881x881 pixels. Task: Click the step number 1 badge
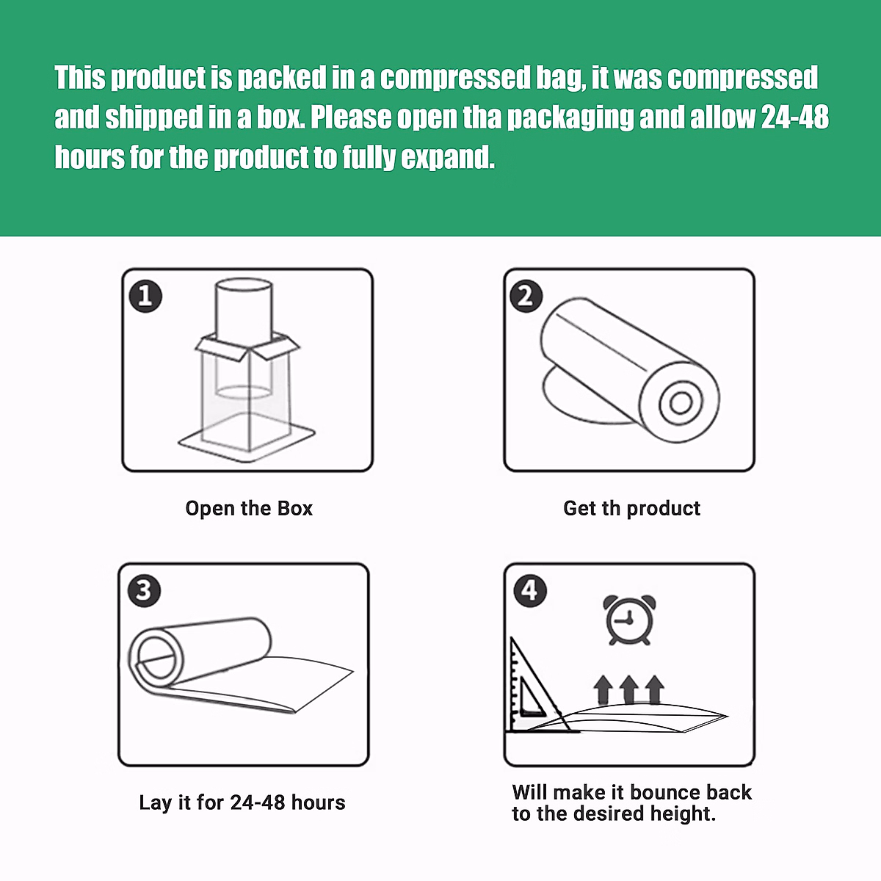145,296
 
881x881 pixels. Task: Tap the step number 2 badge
526,296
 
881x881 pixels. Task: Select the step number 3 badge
143,590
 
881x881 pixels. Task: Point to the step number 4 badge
529,590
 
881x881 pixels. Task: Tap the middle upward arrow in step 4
628,690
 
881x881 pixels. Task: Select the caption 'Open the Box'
249,508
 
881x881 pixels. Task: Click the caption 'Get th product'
631,508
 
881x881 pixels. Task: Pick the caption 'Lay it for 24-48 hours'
242,802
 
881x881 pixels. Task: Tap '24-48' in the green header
794,117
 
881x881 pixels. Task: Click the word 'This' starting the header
80,78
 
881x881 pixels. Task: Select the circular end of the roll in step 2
681,403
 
